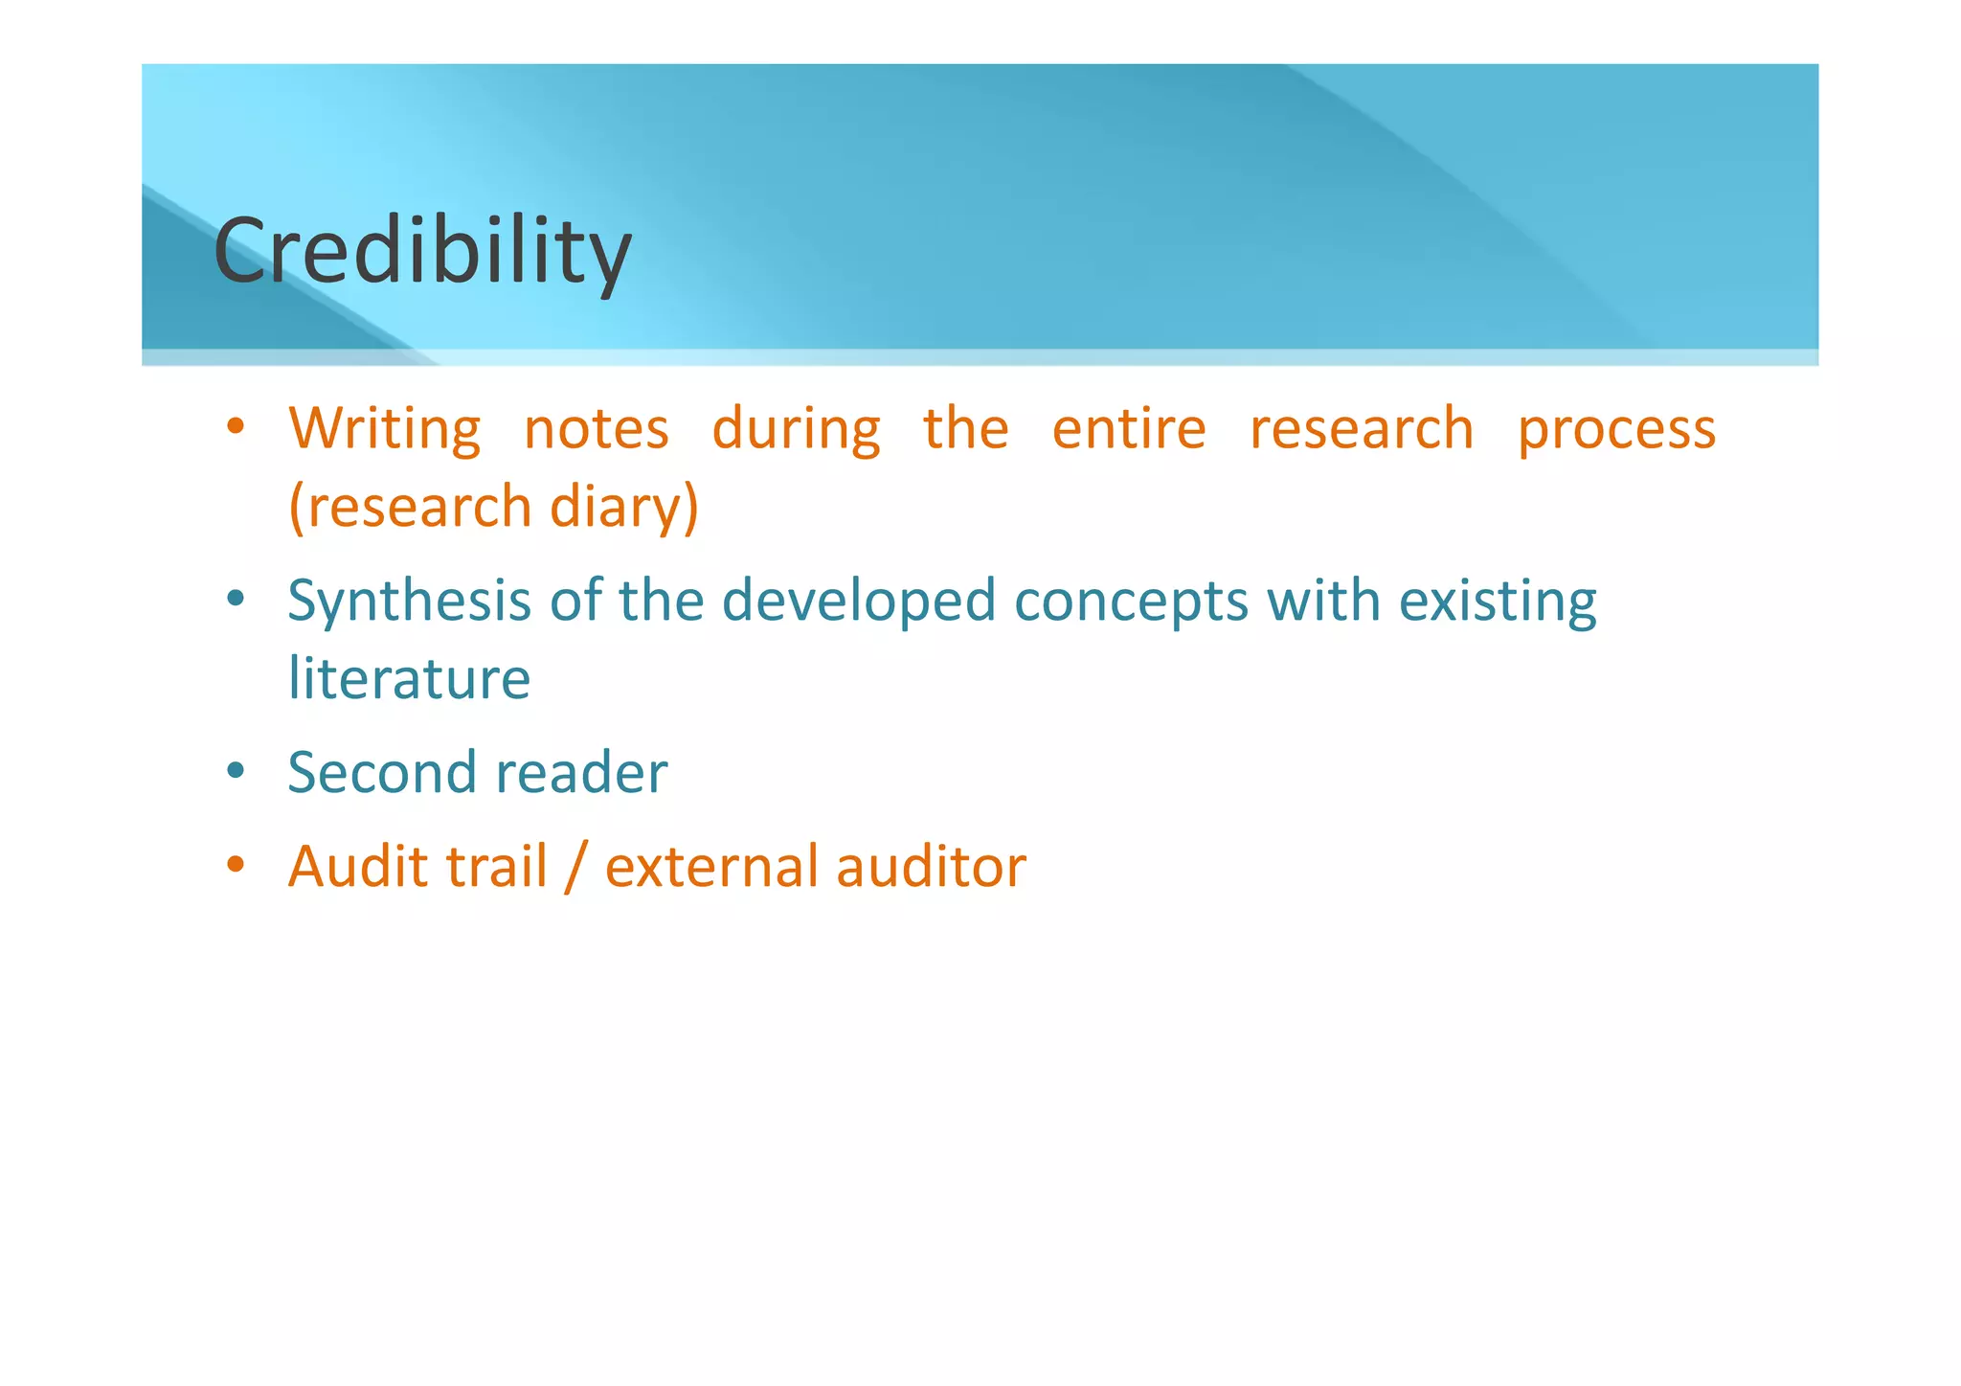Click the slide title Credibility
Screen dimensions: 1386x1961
422,251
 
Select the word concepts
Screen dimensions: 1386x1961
1131,602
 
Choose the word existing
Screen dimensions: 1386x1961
1498,602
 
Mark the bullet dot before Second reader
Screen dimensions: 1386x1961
236,770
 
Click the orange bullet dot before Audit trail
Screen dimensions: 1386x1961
236,864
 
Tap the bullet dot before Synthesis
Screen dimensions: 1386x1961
236,600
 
